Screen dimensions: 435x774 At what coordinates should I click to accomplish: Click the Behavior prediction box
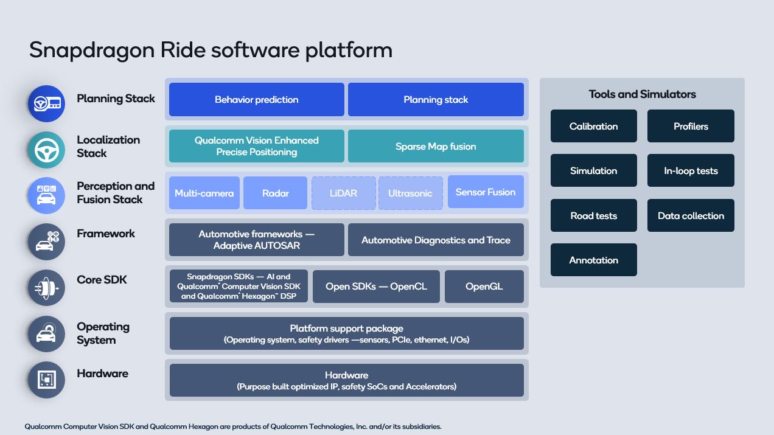[256, 100]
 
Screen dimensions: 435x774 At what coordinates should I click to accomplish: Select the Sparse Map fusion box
[436, 146]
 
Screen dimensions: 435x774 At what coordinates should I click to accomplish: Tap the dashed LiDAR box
[343, 193]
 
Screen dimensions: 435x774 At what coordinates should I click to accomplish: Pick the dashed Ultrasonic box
[410, 193]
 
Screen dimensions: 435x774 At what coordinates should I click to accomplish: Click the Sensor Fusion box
[486, 192]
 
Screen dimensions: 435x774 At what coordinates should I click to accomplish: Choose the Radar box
[275, 193]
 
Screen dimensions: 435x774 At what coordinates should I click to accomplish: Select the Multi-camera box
[204, 193]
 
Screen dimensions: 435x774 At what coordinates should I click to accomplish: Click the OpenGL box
[484, 287]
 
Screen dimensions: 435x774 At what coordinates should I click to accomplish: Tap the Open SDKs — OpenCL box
[376, 287]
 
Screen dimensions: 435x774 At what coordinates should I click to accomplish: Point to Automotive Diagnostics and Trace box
[436, 240]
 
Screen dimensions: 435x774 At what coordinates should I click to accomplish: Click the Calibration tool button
[593, 127]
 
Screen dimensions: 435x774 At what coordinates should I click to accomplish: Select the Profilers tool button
[691, 127]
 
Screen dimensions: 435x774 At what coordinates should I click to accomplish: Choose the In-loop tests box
[691, 171]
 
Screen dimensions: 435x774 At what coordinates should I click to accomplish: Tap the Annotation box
[593, 260]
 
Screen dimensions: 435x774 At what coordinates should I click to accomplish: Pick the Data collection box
[691, 216]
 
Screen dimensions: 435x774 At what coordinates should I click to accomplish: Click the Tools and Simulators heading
[642, 94]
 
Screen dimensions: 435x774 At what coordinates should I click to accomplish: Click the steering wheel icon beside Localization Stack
[46, 150]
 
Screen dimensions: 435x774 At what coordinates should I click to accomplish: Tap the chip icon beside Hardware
[46, 380]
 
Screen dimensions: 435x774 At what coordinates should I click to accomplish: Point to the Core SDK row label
[102, 280]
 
